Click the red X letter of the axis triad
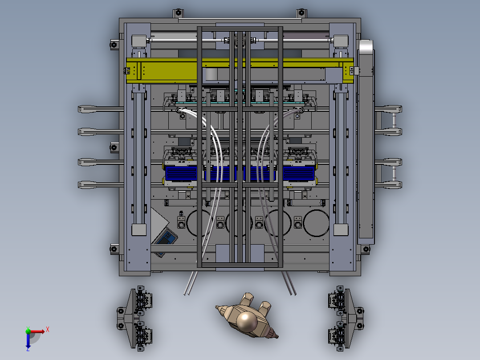[48, 330]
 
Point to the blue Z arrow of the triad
[28, 341]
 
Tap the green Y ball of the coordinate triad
[28, 331]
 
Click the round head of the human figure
[247, 321]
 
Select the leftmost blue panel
[181, 173]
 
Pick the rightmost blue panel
[299, 173]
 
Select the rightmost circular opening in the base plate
[316, 223]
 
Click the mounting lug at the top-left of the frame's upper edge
[178, 13]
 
